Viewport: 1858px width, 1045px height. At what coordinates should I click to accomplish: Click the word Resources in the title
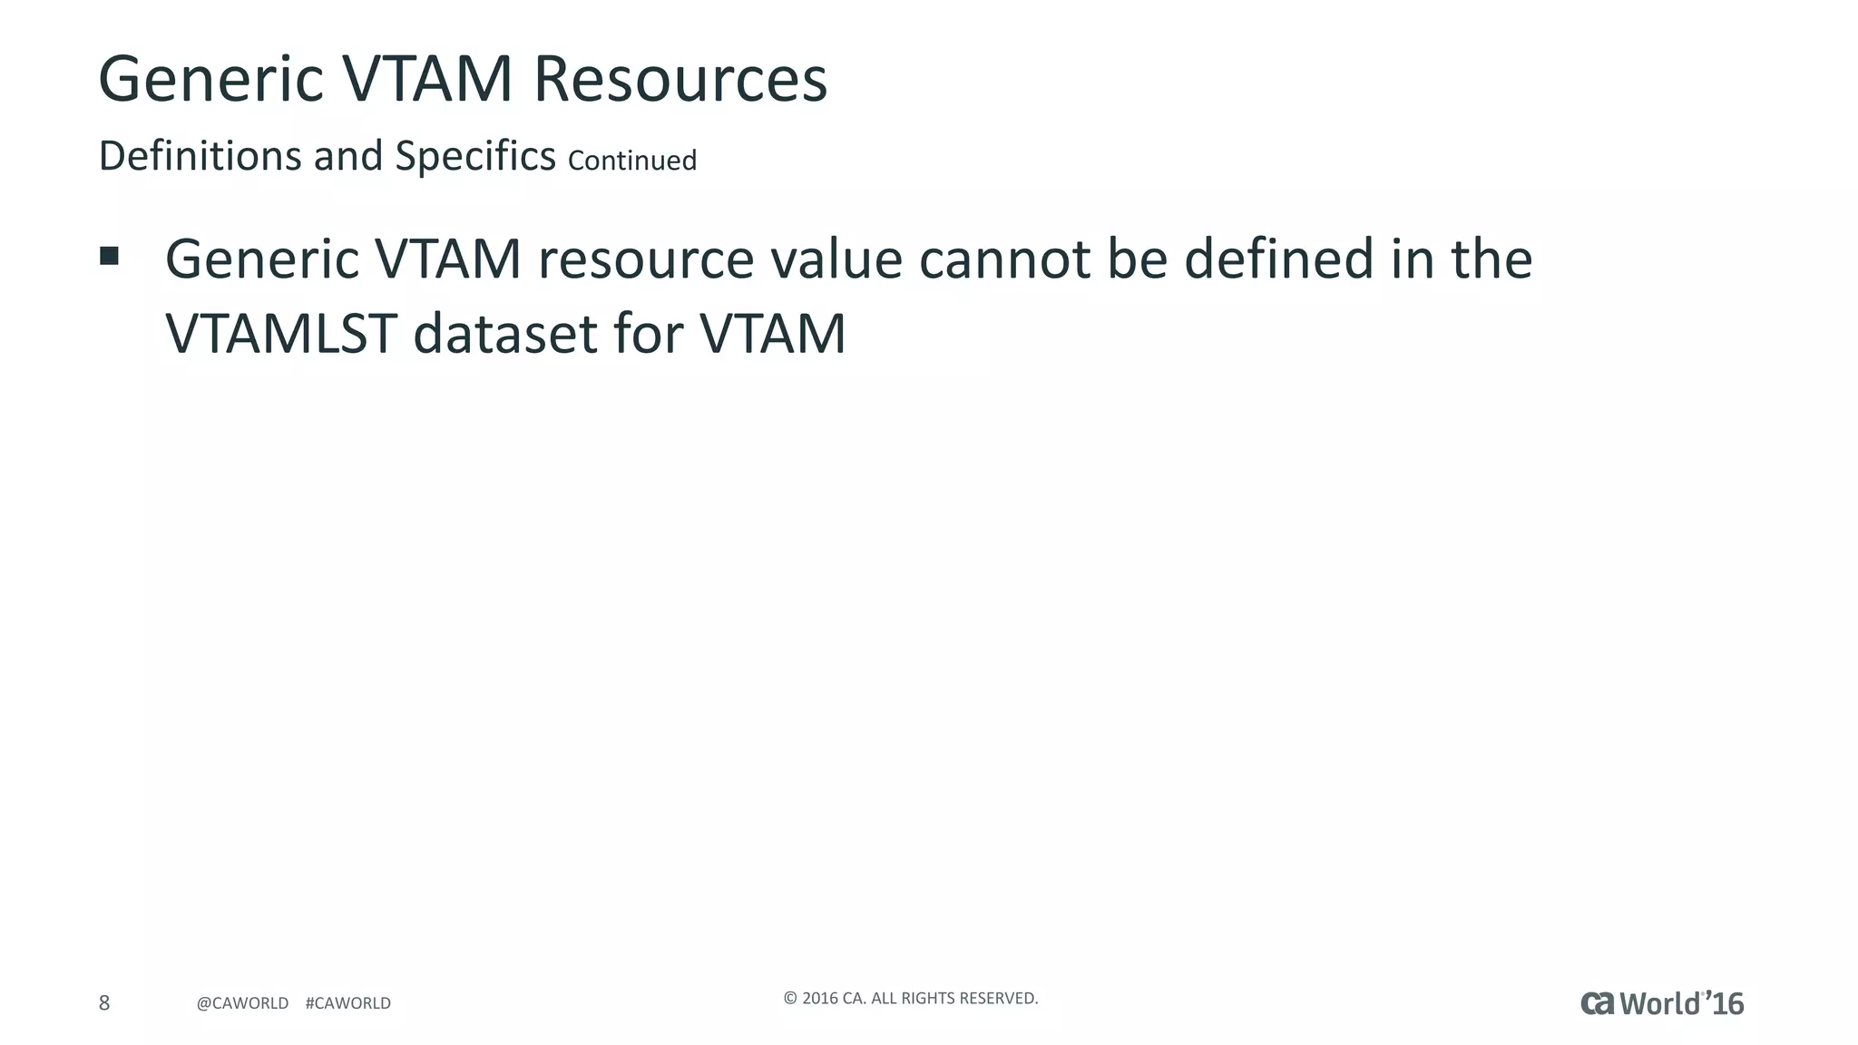(680, 79)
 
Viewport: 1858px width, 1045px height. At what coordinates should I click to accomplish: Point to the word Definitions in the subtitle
(200, 156)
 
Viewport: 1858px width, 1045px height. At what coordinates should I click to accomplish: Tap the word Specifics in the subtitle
(474, 156)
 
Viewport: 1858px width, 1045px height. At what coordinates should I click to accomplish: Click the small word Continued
(632, 161)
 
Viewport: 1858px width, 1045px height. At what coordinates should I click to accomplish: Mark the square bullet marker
(110, 256)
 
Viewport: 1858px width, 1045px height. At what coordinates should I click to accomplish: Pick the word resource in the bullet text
(645, 259)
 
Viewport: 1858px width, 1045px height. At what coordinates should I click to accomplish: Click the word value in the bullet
(836, 259)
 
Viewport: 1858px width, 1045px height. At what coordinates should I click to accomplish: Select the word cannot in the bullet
(1004, 259)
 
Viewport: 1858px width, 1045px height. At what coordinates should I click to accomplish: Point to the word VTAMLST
(280, 334)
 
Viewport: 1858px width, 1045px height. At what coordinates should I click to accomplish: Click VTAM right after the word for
(772, 334)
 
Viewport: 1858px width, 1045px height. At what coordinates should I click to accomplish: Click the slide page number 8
(104, 1002)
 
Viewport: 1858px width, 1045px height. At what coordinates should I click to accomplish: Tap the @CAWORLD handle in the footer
(242, 1003)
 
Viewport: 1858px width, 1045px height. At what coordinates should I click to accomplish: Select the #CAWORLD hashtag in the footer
(348, 1003)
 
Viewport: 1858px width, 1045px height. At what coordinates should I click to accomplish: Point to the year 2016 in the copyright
(820, 999)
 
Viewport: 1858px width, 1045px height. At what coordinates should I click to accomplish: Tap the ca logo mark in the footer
(1598, 1003)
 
